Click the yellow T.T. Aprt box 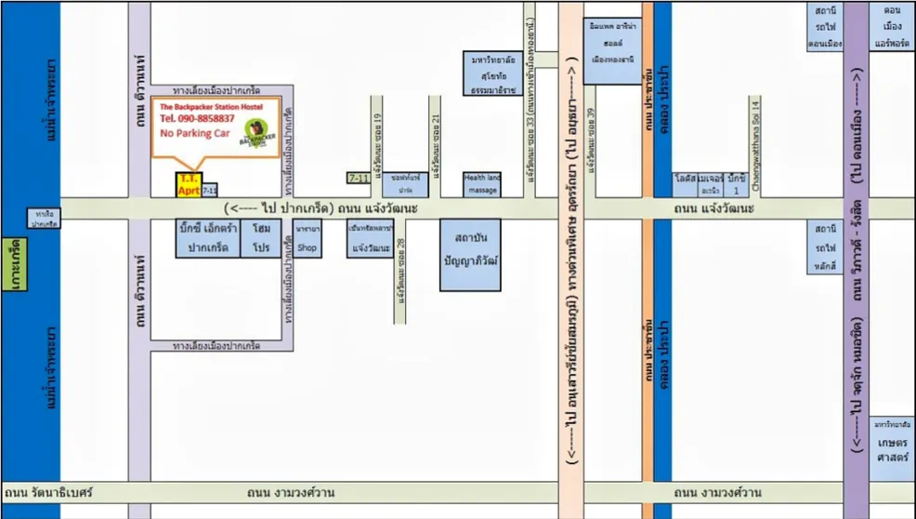click(x=189, y=184)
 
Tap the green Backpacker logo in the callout click(x=255, y=134)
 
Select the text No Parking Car click(x=195, y=134)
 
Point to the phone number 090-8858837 click(x=197, y=119)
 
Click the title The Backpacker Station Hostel click(x=211, y=107)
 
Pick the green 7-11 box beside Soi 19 click(x=359, y=178)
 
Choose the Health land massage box click(x=481, y=184)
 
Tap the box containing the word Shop click(x=307, y=239)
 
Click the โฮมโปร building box click(x=260, y=238)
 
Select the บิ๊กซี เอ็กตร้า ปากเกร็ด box click(x=207, y=238)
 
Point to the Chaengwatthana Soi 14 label click(x=756, y=145)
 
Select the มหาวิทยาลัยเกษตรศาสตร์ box click(x=892, y=443)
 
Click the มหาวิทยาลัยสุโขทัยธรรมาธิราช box click(x=493, y=74)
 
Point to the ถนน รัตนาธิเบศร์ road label click(x=43, y=492)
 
